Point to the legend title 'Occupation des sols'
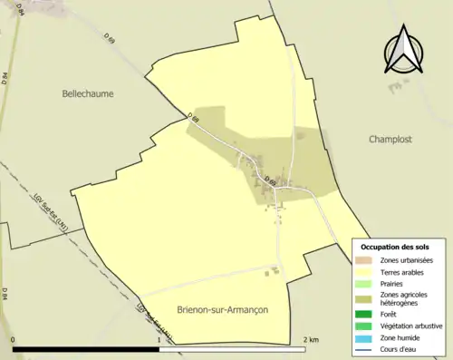[x=395, y=247]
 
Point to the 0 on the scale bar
[x=14, y=340]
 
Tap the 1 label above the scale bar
[x=160, y=340]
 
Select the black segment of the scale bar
[x=87, y=349]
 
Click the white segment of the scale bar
[x=234, y=349]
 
